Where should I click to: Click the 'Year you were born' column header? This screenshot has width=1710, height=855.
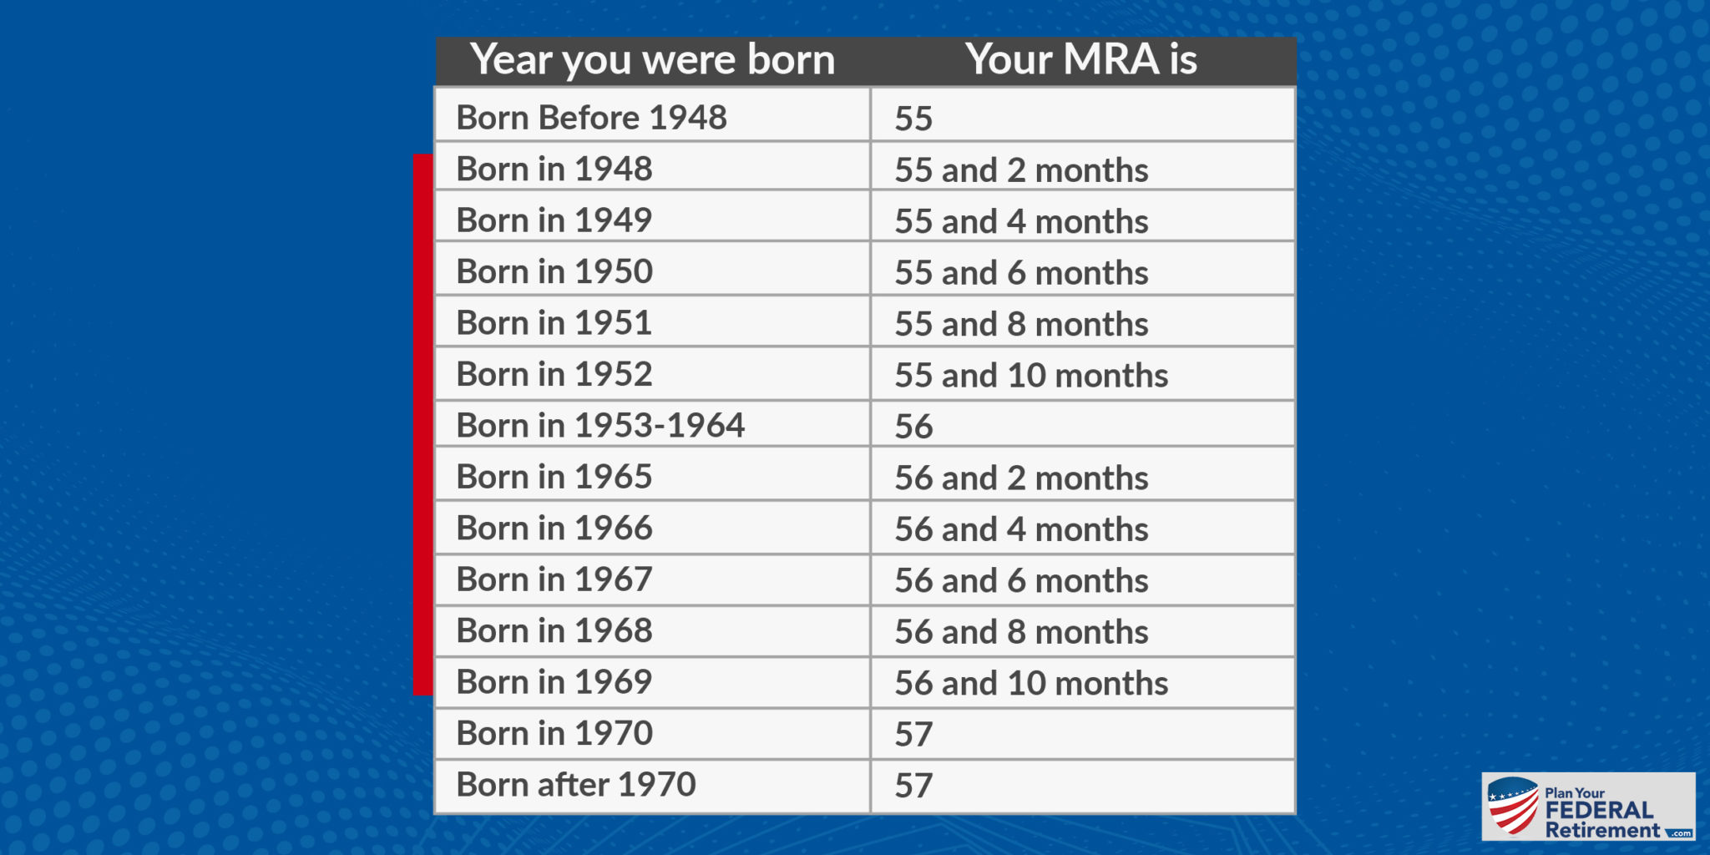point(652,61)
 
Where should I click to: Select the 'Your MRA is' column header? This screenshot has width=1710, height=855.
point(1081,59)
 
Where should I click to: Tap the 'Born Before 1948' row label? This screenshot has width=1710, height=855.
point(591,118)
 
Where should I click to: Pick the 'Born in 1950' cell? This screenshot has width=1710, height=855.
point(554,271)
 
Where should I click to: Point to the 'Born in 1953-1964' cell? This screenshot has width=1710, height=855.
point(600,426)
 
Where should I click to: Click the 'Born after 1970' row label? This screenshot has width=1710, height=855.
point(576,785)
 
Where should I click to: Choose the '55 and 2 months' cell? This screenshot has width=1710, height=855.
point(1021,170)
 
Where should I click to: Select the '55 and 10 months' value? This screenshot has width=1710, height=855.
point(1031,376)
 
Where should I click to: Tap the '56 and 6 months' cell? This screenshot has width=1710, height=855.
point(1021,581)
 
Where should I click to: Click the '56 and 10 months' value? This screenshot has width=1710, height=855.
point(1031,684)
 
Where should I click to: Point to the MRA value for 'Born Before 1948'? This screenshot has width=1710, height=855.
point(913,119)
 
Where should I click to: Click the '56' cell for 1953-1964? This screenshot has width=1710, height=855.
point(913,427)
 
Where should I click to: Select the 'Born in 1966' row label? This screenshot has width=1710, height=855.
point(554,529)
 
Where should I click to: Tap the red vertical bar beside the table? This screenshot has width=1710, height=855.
point(423,424)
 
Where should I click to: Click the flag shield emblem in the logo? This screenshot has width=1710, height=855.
point(1513,806)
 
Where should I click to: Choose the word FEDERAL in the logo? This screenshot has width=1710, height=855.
point(1599,811)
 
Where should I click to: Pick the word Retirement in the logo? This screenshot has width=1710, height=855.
point(1602,830)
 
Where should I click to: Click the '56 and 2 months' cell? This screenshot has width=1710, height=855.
point(1021,478)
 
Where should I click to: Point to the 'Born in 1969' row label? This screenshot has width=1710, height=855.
point(554,682)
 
